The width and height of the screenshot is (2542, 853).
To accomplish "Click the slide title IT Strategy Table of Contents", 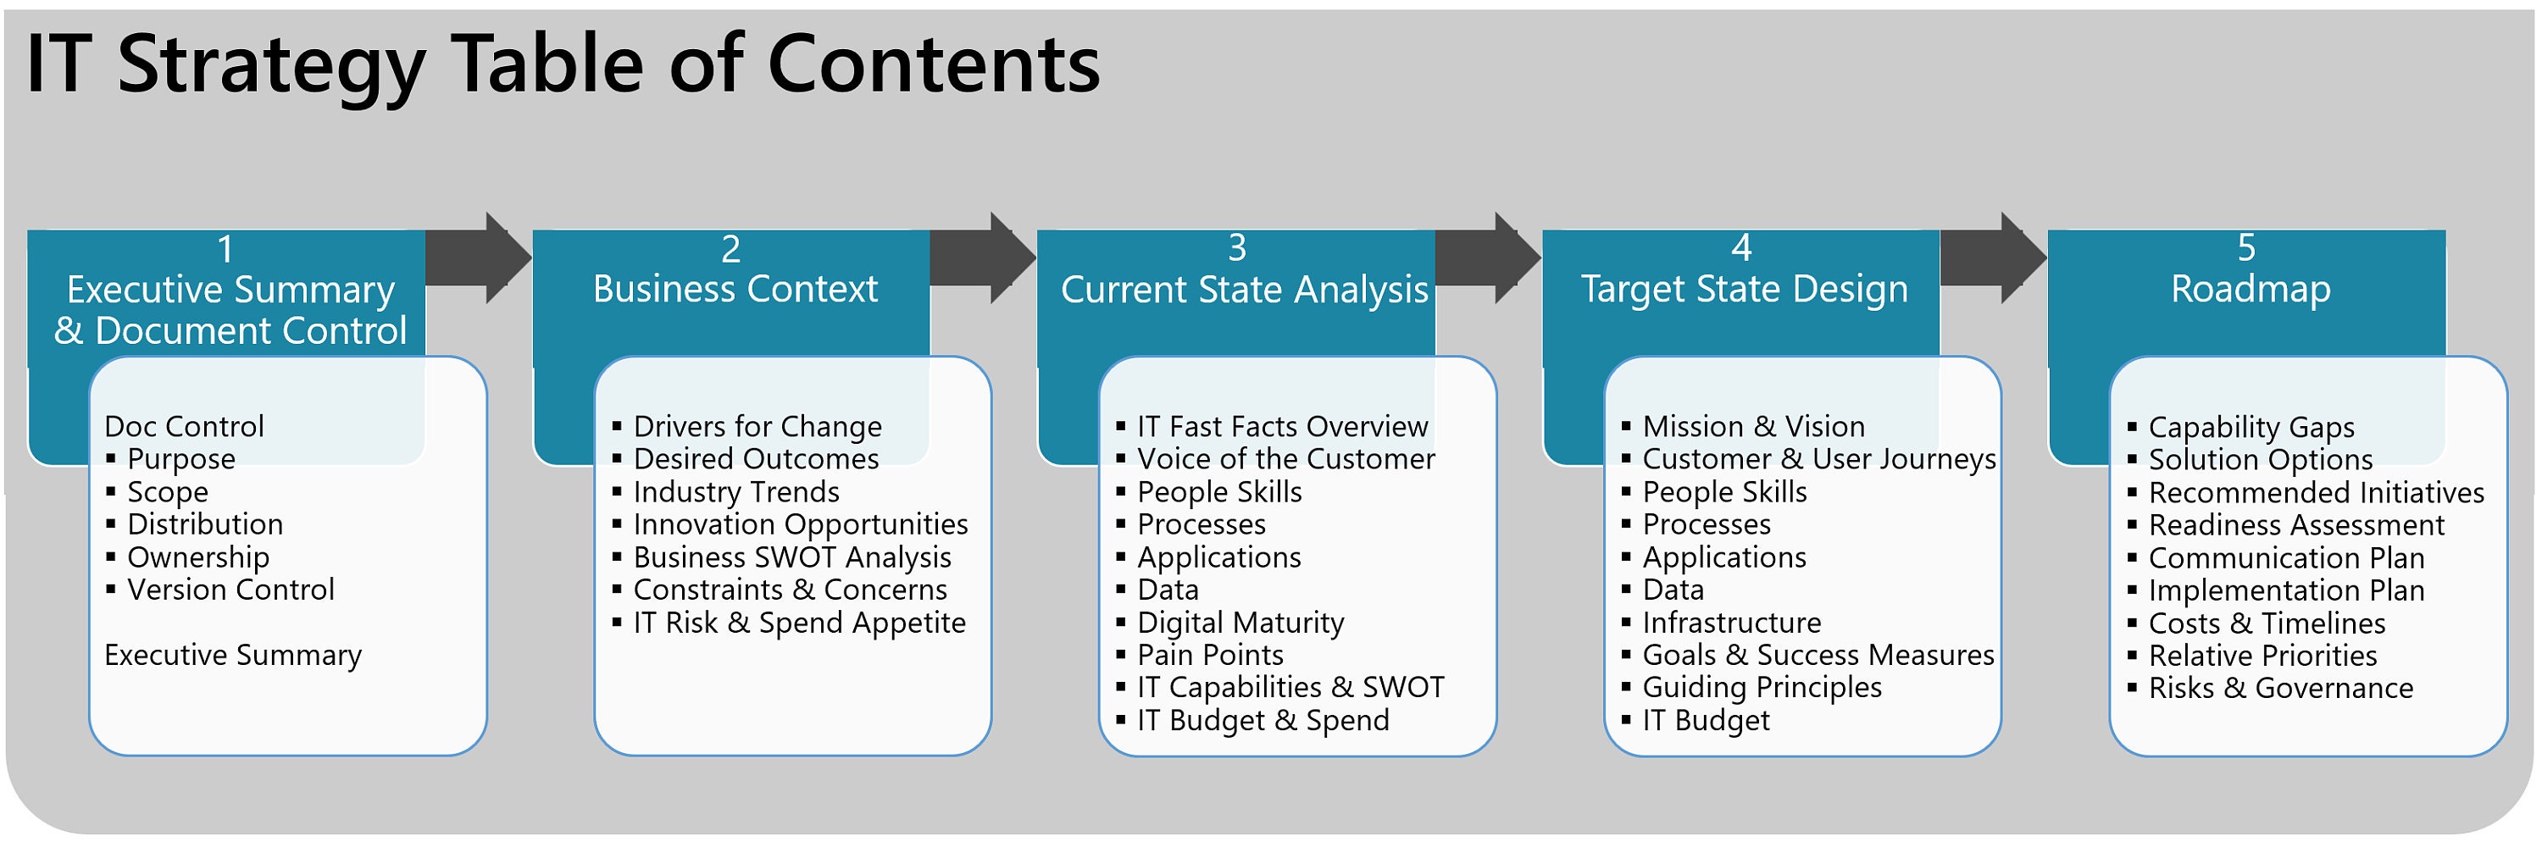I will tap(563, 64).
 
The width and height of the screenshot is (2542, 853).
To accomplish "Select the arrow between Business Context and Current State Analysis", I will tap(982, 258).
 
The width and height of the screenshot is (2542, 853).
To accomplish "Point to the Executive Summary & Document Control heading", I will tap(230, 310).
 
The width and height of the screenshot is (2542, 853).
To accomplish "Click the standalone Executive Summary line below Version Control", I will tap(233, 655).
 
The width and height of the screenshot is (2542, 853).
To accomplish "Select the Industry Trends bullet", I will tap(735, 491).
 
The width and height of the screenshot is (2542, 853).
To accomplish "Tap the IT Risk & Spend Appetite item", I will tap(798, 623).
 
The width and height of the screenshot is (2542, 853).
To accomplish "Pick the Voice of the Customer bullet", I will tap(1285, 458).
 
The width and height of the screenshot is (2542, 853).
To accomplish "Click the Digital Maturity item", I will tap(1240, 623).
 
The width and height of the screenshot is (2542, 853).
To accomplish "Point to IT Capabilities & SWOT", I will tap(1290, 687).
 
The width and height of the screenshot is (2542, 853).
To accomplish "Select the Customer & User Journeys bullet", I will tap(1818, 458).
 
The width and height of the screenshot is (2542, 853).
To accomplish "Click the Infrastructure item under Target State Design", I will tap(1731, 623).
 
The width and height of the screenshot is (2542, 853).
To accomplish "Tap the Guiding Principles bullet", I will tap(1762, 687).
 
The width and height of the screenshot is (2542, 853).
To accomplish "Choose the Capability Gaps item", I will tap(2251, 427).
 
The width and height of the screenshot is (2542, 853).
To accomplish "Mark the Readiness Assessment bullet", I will tap(2295, 524).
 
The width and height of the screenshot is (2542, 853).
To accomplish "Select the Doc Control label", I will tap(184, 426).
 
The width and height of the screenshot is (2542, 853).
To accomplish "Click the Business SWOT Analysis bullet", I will tap(791, 557).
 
